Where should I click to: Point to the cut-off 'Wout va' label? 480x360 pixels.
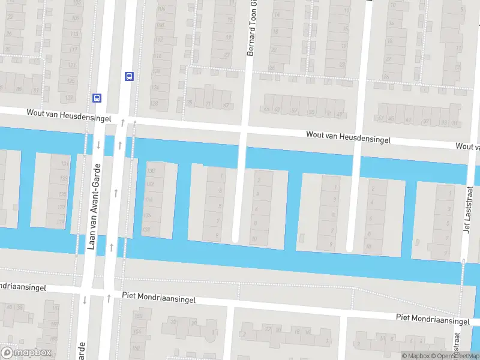[467, 146]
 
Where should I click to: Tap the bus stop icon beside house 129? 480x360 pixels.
[97, 98]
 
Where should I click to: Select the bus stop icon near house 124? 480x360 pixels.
[128, 76]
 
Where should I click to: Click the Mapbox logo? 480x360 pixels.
[26, 353]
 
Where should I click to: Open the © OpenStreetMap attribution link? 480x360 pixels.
[457, 356]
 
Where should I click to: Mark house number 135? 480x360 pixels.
[62, 194]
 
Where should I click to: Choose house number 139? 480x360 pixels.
[61, 222]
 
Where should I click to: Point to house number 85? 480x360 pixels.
[19, 90]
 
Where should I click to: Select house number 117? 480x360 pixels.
[73, 50]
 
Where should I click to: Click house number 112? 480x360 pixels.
[159, 40]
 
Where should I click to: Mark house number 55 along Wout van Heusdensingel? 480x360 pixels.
[311, 112]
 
